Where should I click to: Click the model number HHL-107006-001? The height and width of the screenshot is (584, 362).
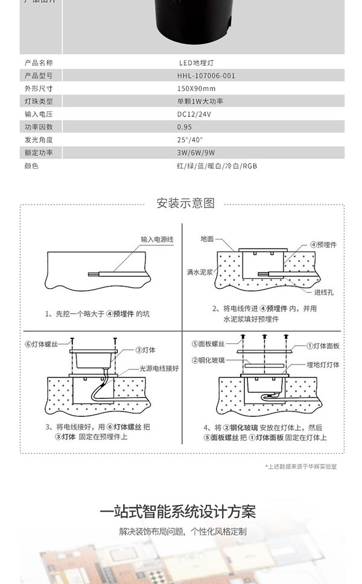[x=206, y=75]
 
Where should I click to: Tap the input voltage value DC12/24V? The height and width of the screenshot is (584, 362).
[x=194, y=113]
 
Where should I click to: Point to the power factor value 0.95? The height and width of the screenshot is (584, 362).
[x=185, y=127]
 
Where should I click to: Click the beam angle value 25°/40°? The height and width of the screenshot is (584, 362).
[x=191, y=139]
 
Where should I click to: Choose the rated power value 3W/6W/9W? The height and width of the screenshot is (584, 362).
[x=197, y=153]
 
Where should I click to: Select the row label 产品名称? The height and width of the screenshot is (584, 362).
[x=39, y=62]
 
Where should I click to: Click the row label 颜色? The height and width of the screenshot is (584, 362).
[x=31, y=165]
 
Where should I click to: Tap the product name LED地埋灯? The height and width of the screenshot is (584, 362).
[x=194, y=62]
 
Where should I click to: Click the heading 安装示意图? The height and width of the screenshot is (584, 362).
[x=185, y=203]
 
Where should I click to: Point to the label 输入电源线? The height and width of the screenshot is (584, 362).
[x=157, y=240]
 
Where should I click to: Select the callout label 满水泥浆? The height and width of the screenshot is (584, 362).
[x=199, y=272]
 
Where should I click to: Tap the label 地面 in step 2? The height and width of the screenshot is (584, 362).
[x=207, y=240]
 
